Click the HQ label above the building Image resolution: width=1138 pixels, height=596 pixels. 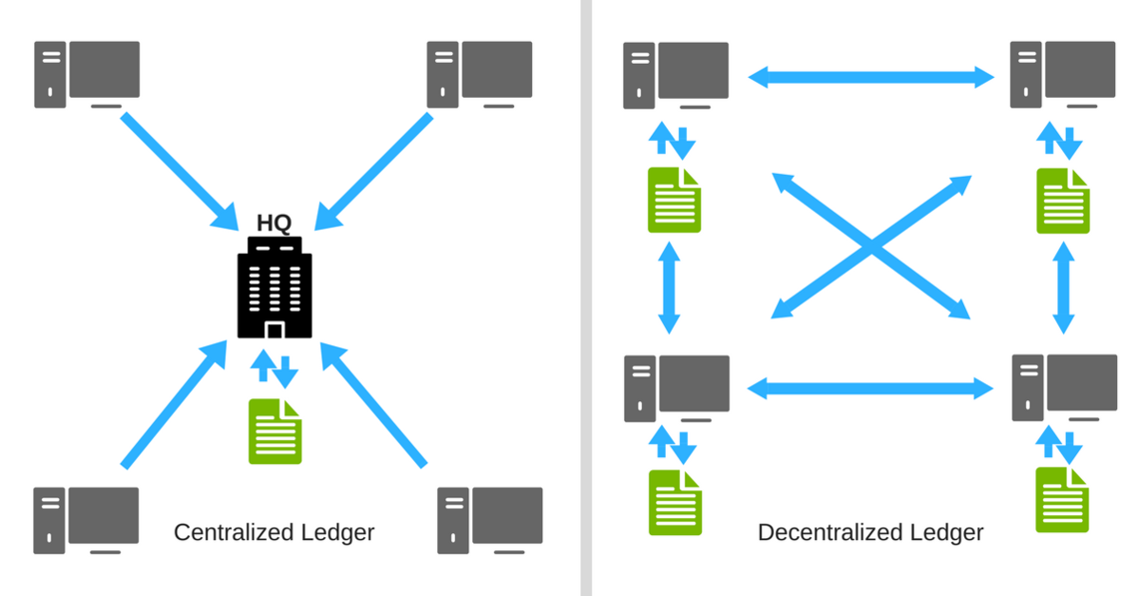tap(274, 223)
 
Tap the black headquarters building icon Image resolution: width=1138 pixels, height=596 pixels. tap(275, 291)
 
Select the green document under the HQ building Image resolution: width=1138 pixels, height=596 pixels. tap(275, 431)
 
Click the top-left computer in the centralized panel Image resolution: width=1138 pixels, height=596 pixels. tap(88, 73)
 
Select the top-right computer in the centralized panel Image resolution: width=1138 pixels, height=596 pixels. tap(480, 73)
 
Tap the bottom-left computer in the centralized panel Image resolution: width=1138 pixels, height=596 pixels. tap(87, 519)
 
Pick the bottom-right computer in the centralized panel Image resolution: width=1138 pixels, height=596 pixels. tap(490, 519)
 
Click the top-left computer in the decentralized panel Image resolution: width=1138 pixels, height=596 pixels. tap(677, 74)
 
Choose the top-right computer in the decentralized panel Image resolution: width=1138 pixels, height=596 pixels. tap(1063, 74)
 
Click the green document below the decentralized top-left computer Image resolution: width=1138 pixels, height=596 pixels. tap(675, 200)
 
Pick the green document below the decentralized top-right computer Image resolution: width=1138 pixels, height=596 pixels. tap(1063, 201)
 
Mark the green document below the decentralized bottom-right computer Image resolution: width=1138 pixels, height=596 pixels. tap(1062, 499)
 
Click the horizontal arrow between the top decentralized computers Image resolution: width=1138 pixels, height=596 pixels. tap(870, 75)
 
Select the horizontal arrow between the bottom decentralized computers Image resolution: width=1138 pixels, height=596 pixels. tap(870, 388)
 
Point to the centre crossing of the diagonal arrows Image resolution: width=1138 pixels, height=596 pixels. tap(871, 247)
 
